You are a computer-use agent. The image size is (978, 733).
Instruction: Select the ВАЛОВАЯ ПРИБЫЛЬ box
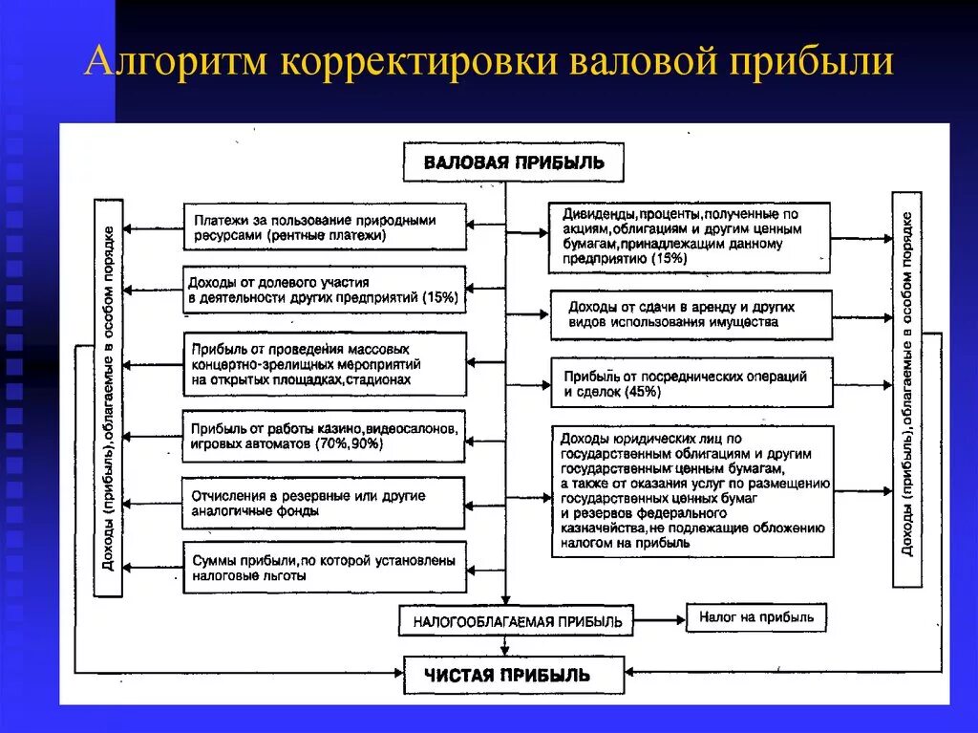coord(513,162)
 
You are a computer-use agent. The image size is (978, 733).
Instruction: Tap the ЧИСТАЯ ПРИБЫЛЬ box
coord(513,675)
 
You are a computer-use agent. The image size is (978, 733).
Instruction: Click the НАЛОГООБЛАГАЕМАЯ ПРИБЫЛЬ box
coord(517,621)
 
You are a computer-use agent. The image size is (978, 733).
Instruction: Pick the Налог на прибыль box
coord(756,617)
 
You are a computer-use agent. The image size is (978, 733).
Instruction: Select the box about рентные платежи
coord(325,226)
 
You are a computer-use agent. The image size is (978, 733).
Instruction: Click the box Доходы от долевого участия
coord(325,290)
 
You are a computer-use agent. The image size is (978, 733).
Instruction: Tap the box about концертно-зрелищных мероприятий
coord(325,364)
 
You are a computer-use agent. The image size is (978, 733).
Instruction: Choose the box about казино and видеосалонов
coord(325,436)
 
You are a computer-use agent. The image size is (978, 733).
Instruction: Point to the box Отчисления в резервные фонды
coord(325,503)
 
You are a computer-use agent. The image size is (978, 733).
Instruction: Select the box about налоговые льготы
coord(325,568)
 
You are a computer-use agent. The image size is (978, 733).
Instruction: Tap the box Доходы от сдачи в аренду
coord(691,314)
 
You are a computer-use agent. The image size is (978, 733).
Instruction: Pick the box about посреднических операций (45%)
coord(691,383)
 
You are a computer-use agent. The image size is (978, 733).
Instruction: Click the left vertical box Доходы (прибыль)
coord(108,398)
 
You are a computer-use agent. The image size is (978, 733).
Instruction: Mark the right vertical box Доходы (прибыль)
coord(906,389)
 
